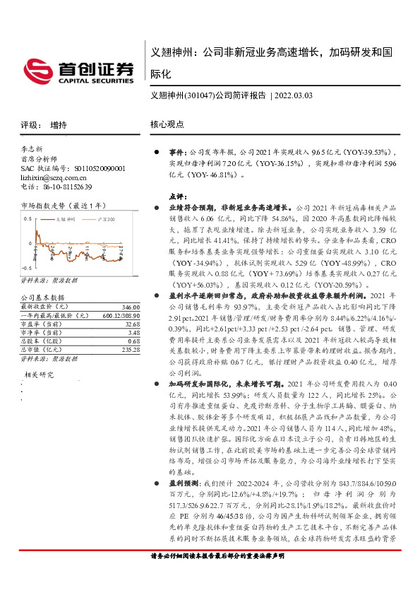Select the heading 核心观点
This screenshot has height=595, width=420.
167,124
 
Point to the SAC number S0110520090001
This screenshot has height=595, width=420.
95,169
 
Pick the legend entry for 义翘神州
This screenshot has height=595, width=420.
66,219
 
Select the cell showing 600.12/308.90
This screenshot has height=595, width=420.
117,315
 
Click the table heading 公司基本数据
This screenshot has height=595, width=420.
42,298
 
